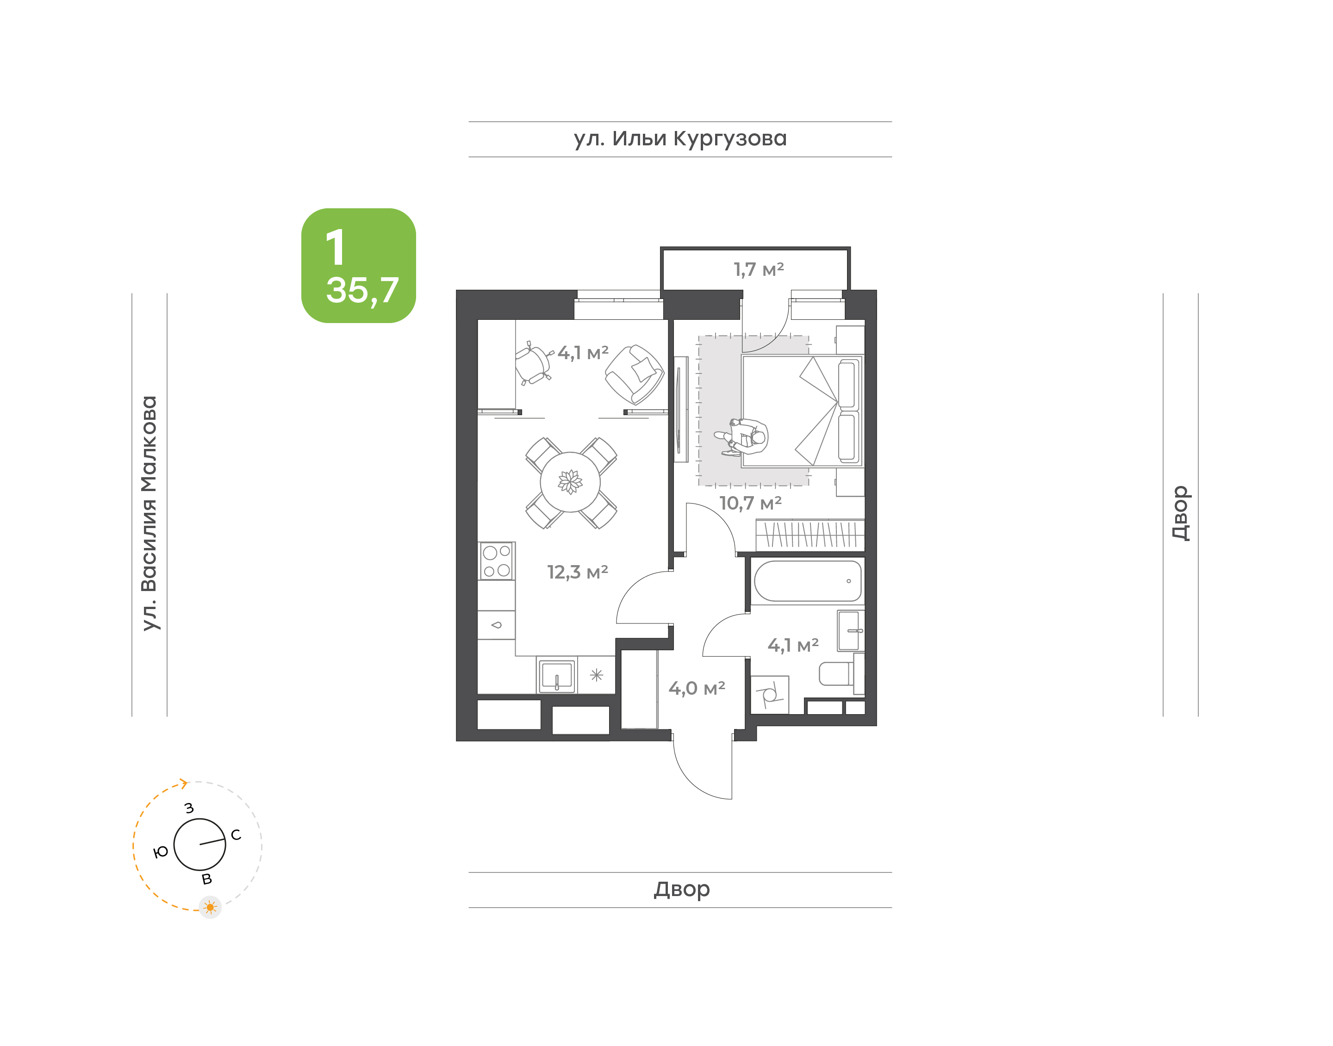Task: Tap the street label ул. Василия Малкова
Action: (149, 513)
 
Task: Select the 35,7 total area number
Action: (362, 290)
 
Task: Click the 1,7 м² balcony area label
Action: (759, 269)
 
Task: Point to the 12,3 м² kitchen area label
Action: (578, 572)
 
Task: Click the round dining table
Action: (570, 482)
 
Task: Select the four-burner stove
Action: (497, 561)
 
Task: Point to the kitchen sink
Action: (557, 675)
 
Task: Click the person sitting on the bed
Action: (743, 436)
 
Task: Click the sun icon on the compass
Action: (210, 907)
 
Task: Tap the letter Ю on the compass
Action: (161, 852)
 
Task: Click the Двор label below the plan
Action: (681, 889)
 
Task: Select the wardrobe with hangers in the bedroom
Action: (810, 535)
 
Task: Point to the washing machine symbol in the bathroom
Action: (770, 694)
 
